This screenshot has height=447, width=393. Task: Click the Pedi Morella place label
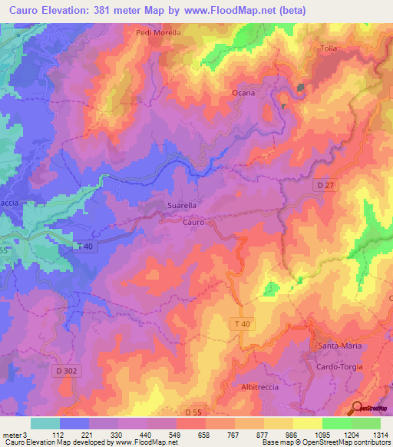tap(158, 33)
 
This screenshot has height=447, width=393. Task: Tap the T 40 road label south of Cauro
tap(241, 325)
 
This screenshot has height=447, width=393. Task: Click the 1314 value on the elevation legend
tap(380, 434)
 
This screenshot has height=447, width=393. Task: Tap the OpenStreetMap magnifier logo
tap(358, 409)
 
